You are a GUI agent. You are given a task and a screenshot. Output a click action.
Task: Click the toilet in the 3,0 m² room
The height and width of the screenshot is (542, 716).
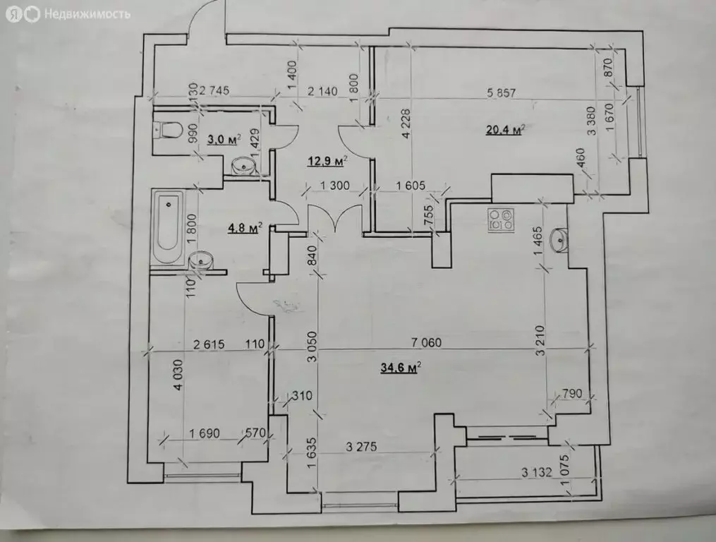click(166, 130)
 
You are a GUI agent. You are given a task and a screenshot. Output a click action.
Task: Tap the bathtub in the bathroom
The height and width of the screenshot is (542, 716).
click(168, 227)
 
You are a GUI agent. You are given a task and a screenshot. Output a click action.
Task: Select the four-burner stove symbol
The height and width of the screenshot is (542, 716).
click(501, 219)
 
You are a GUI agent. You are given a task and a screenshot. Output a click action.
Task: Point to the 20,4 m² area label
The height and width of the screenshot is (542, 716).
click(504, 131)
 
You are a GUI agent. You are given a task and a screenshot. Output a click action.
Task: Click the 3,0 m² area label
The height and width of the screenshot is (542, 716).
click(224, 140)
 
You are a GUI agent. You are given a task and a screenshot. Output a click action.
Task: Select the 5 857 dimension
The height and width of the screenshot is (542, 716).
click(502, 93)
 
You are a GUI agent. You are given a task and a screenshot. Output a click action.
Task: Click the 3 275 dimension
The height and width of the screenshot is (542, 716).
click(362, 446)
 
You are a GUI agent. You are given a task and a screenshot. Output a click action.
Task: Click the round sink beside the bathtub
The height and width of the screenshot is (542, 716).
click(200, 260)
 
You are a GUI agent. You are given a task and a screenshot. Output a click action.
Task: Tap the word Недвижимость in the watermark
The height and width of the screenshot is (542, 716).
click(87, 15)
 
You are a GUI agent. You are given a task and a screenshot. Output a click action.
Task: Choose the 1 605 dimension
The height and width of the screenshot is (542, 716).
click(411, 186)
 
